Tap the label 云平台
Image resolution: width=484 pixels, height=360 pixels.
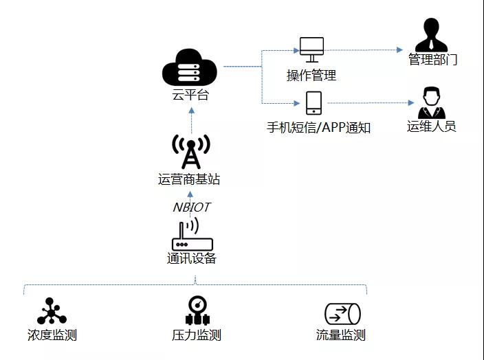(190, 95)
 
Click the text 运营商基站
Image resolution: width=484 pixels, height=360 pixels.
(189, 180)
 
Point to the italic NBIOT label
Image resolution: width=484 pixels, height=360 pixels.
(190, 207)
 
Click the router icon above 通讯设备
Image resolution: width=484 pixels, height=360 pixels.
(192, 236)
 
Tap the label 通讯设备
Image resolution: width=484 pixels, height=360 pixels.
(191, 259)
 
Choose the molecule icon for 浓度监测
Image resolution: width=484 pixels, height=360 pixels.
(52, 311)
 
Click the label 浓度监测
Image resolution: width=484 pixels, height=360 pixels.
(52, 336)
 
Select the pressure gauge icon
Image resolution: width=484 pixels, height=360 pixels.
(196, 311)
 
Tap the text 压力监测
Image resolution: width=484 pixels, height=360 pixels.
(196, 336)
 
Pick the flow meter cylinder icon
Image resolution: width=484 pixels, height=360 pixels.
(342, 314)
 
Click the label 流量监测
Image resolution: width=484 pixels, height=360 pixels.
(340, 336)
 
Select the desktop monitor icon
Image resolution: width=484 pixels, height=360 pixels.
(311, 49)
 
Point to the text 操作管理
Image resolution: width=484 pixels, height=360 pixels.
(311, 75)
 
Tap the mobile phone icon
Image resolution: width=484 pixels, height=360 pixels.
(313, 103)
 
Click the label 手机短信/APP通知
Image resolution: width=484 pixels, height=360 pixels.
(318, 128)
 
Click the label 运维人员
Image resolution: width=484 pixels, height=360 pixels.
(432, 126)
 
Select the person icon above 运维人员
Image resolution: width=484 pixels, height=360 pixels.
(432, 103)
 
